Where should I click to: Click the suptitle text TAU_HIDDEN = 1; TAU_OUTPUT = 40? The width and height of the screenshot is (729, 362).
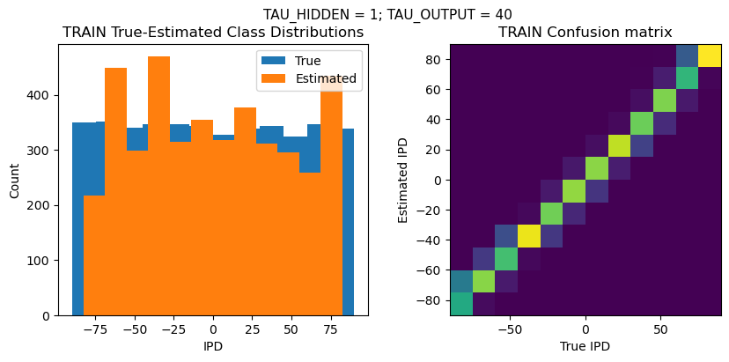tap(387, 14)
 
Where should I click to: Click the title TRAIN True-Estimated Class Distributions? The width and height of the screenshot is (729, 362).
tap(213, 33)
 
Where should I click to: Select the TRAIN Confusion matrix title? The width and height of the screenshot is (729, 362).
tap(585, 33)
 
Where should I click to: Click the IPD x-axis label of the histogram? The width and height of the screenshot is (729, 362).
tap(212, 346)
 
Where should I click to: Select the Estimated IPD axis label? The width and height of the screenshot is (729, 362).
tap(404, 180)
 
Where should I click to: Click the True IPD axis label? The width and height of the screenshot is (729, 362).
tap(585, 346)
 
